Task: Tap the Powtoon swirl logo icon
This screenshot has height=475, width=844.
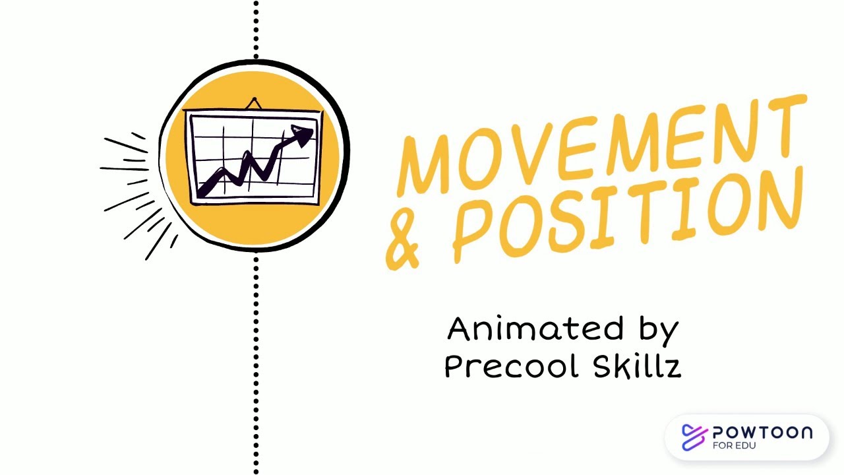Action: pyautogui.click(x=694, y=437)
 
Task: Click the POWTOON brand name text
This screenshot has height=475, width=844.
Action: pyautogui.click(x=762, y=433)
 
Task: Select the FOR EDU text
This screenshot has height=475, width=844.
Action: pyautogui.click(x=734, y=445)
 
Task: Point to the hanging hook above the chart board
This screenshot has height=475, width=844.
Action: pyautogui.click(x=255, y=102)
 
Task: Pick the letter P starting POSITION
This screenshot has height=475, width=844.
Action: pyautogui.click(x=475, y=231)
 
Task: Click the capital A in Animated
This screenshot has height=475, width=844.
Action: pyautogui.click(x=460, y=329)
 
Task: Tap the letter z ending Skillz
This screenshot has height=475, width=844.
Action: pyautogui.click(x=672, y=367)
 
